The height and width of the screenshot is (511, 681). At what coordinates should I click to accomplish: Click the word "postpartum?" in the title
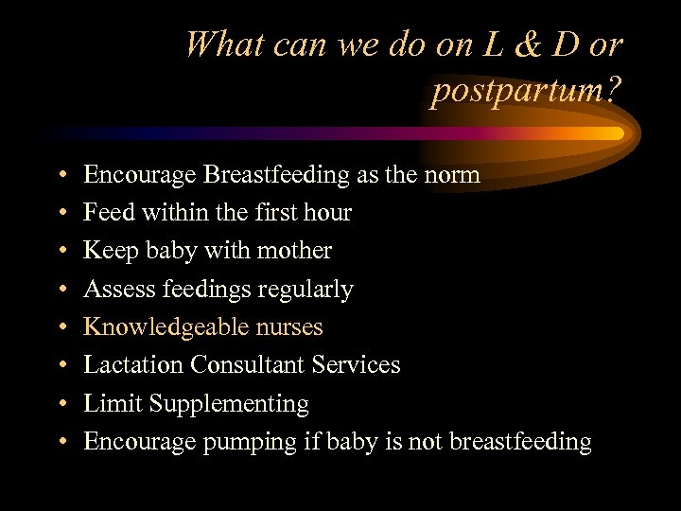(526, 91)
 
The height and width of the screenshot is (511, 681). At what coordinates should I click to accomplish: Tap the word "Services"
(360, 365)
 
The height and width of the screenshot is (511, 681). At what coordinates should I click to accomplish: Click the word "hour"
(327, 213)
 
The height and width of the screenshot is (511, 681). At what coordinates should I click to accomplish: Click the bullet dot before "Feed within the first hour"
(60, 214)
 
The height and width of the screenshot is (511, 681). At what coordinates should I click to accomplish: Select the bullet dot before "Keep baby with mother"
(60, 252)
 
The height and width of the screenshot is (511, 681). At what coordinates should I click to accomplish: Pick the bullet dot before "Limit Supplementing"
(60, 405)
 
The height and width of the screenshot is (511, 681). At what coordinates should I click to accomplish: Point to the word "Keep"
(107, 251)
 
